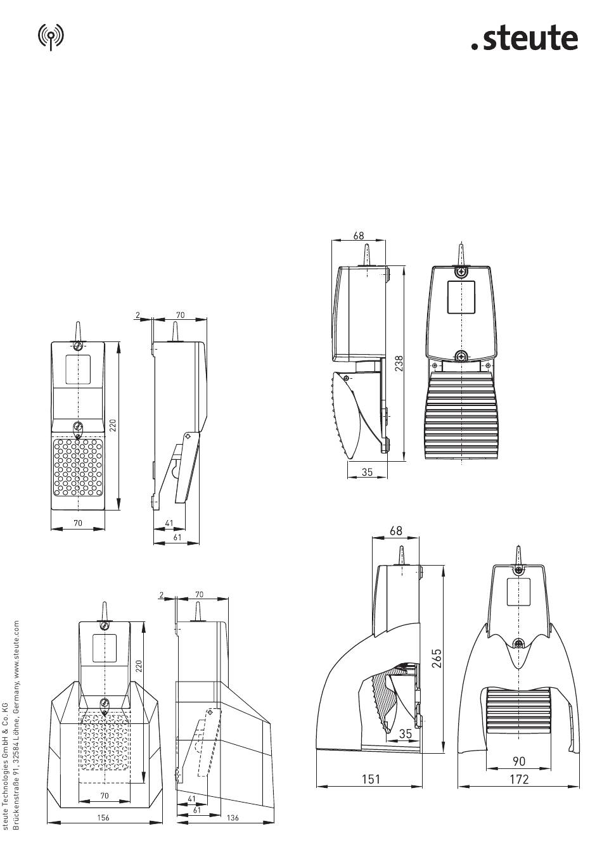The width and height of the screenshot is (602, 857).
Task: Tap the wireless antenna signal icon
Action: point(51,37)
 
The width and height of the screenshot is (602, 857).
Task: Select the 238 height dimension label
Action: point(399,364)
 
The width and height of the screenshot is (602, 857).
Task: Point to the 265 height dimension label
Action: point(437,658)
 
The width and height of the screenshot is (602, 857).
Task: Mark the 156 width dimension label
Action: point(103,818)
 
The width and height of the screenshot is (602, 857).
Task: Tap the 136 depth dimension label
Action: point(233,818)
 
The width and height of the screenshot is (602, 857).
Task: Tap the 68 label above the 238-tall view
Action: point(359,235)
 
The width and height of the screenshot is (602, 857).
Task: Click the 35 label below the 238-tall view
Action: point(367,472)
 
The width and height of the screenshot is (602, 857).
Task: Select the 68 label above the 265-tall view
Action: point(396,531)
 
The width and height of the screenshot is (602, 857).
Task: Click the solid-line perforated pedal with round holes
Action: point(78,468)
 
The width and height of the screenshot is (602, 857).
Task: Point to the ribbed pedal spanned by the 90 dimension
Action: point(518,708)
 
